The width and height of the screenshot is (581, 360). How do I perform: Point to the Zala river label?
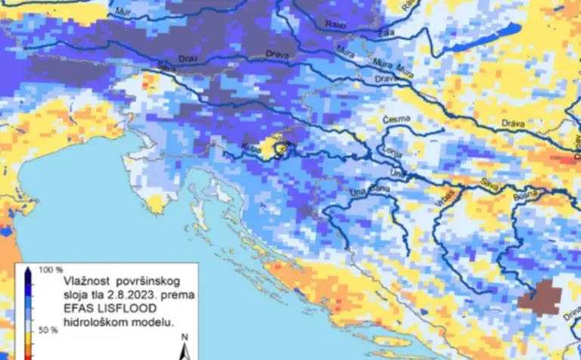click(389, 33)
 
